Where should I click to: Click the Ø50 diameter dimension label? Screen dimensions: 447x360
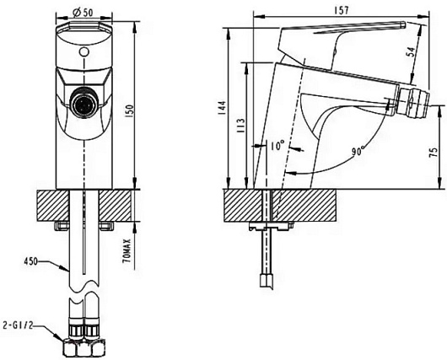pos(83,13)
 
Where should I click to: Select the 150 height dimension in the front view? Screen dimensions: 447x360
pos(130,111)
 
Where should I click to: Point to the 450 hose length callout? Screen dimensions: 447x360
pos(31,261)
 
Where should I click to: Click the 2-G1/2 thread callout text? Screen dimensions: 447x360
pos(19,325)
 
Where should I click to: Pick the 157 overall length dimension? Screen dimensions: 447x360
pos(341,10)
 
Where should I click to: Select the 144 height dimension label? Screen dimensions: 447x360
pos(222,107)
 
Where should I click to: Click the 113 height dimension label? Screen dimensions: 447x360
pos(240,126)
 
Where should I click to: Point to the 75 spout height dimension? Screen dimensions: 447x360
pos(434,153)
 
